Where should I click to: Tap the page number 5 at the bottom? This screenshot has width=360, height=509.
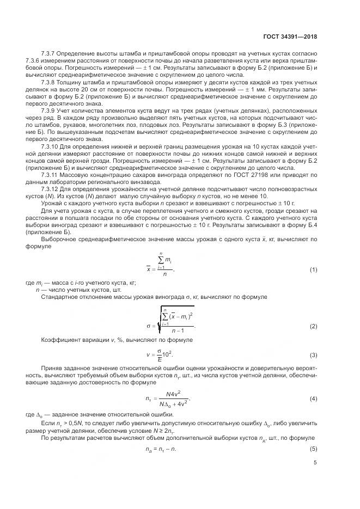[315, 464]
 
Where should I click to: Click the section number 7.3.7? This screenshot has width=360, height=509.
[49, 55]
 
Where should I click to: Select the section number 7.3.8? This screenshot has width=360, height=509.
[49, 81]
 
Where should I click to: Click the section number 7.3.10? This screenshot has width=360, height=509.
[51, 146]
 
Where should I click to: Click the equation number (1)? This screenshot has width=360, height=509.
[313, 270]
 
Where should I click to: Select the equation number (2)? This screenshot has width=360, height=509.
[313, 326]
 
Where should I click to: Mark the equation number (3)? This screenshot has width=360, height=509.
[313, 355]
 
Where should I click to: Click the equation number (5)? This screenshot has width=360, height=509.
[313, 448]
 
